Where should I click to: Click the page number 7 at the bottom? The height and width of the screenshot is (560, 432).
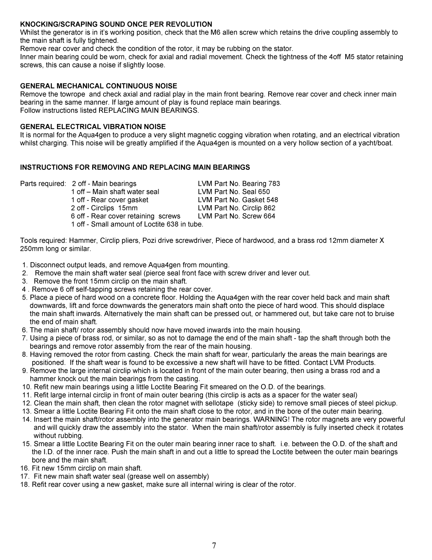[214, 546]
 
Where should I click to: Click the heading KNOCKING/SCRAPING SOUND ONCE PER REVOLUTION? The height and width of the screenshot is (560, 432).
[116, 24]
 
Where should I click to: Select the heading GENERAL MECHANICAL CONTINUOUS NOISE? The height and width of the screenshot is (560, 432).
[99, 86]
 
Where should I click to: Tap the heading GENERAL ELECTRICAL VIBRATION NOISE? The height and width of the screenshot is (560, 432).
[93, 127]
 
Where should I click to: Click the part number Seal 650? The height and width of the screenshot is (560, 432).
[256, 192]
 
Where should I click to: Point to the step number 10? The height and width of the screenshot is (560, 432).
[27, 387]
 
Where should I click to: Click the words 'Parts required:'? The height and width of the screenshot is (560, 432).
[43, 184]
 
